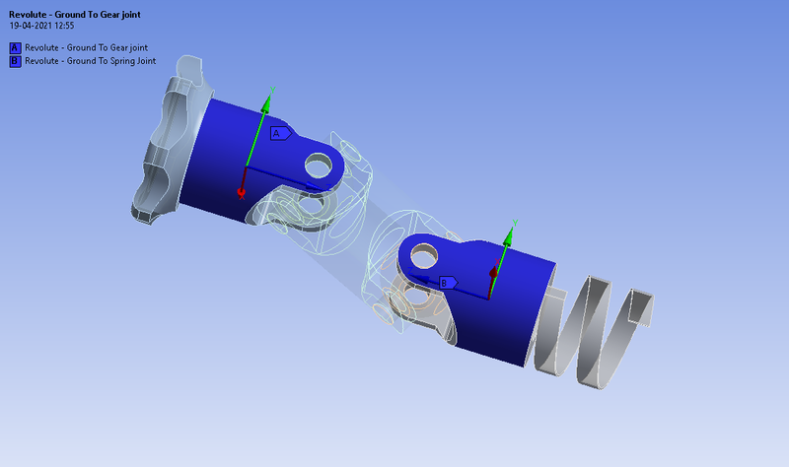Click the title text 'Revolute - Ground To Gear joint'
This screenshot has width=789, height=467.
coord(74,14)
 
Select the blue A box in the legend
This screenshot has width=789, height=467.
coord(15,47)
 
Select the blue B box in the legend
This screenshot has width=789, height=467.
coord(15,60)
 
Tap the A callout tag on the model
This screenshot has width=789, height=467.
coord(278,133)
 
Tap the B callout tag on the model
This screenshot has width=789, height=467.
coord(447,283)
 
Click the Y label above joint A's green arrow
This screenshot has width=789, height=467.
coord(271,90)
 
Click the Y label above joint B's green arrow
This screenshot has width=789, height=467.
coord(516,224)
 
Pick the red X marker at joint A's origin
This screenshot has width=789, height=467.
coord(241,194)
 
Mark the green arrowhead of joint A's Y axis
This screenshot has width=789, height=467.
coord(265,102)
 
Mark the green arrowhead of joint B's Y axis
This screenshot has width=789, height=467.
coord(509,236)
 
